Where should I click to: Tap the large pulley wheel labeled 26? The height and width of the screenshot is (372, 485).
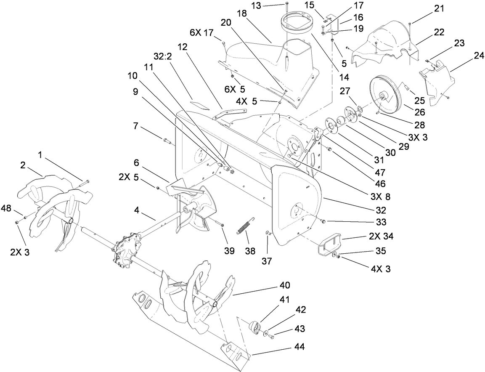point(385,97)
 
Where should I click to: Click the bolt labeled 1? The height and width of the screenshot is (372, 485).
point(84,182)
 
